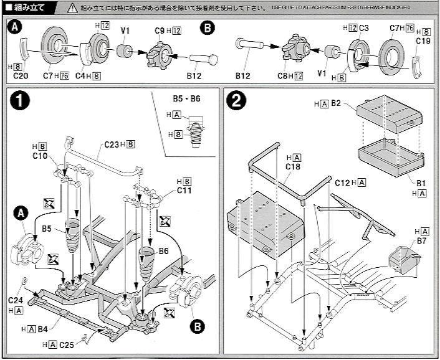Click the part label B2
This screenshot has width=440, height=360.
[336, 103]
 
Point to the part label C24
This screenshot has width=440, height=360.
[16, 300]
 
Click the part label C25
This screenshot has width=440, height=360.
[67, 344]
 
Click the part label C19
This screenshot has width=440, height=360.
[423, 41]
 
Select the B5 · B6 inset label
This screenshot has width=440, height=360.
[186, 98]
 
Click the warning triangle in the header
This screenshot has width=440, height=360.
[73, 8]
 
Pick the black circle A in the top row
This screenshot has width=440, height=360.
[15, 28]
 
